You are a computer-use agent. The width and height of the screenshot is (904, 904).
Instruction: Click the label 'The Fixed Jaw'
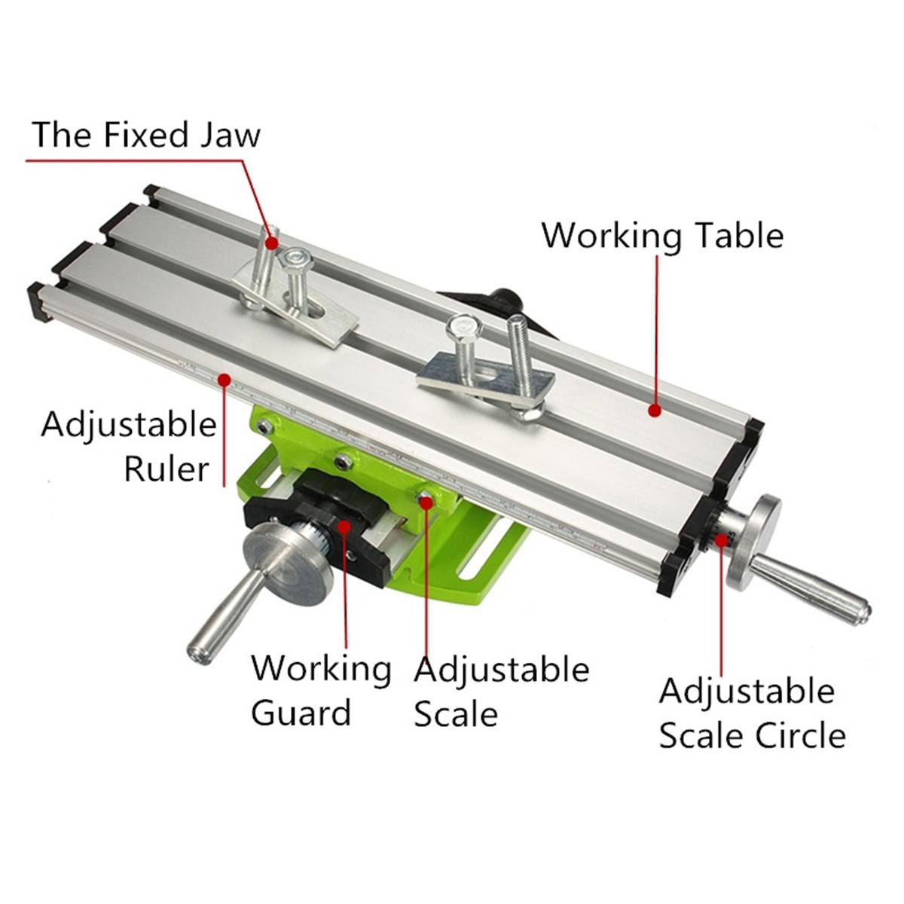[146, 136]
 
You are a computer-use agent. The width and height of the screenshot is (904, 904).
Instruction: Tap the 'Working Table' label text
[662, 235]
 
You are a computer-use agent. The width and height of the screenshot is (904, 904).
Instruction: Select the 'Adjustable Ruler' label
[129, 446]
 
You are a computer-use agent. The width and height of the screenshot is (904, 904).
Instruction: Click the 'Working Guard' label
[321, 690]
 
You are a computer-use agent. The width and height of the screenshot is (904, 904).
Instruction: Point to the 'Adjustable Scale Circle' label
[752, 713]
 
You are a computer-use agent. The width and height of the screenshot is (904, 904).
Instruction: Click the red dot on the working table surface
[655, 411]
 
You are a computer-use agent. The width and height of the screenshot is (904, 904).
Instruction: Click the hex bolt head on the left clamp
[295, 261]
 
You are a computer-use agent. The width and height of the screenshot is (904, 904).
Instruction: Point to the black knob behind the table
[505, 298]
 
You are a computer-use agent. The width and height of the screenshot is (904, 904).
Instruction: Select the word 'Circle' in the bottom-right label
[802, 735]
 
